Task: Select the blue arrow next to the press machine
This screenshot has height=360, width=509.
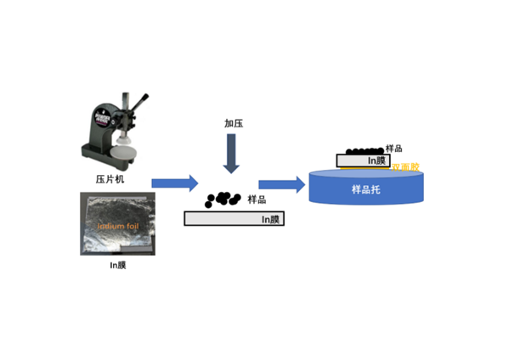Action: pyautogui.click(x=174, y=183)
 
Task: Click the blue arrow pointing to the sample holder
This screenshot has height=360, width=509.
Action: pyautogui.click(x=281, y=183)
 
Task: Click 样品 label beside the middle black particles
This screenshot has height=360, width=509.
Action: pyautogui.click(x=257, y=200)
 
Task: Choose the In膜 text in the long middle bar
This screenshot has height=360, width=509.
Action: pyautogui.click(x=271, y=219)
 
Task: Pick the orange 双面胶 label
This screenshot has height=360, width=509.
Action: pyautogui.click(x=404, y=167)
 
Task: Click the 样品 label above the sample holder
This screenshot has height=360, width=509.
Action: pyautogui.click(x=393, y=149)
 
